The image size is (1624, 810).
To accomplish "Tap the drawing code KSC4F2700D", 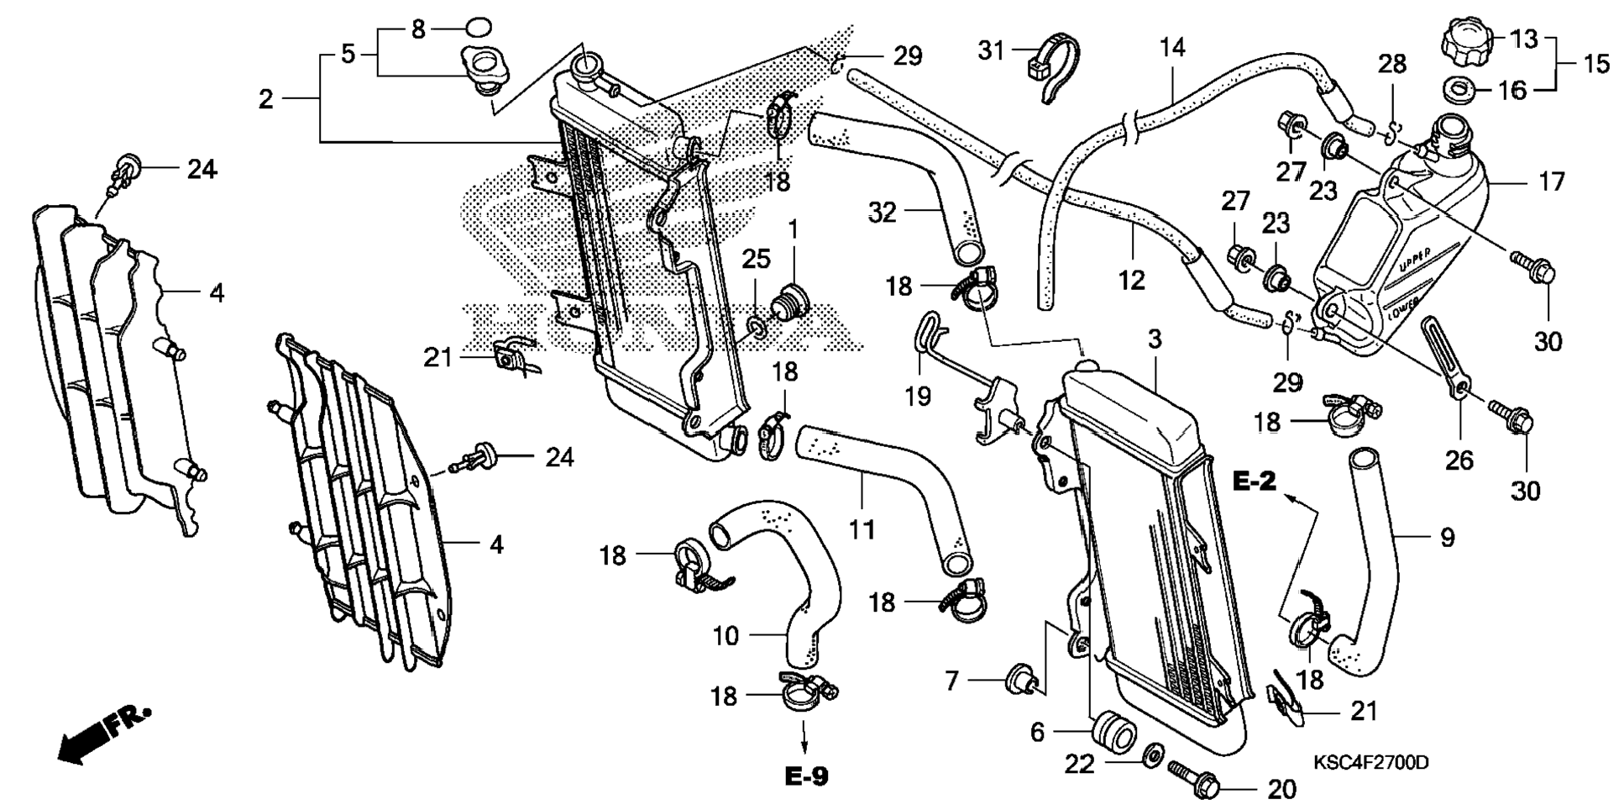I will tap(1370, 763).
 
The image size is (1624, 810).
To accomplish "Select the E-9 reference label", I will tap(806, 776).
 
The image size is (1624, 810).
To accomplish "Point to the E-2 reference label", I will tap(1255, 481).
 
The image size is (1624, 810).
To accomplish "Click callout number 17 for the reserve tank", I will tap(1551, 181).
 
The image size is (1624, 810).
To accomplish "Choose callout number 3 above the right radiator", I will tap(1155, 339).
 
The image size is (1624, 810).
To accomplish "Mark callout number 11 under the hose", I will tap(862, 529).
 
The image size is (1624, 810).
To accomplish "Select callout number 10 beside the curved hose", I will tap(725, 636).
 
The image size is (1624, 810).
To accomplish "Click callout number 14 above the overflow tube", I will tap(1172, 47).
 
